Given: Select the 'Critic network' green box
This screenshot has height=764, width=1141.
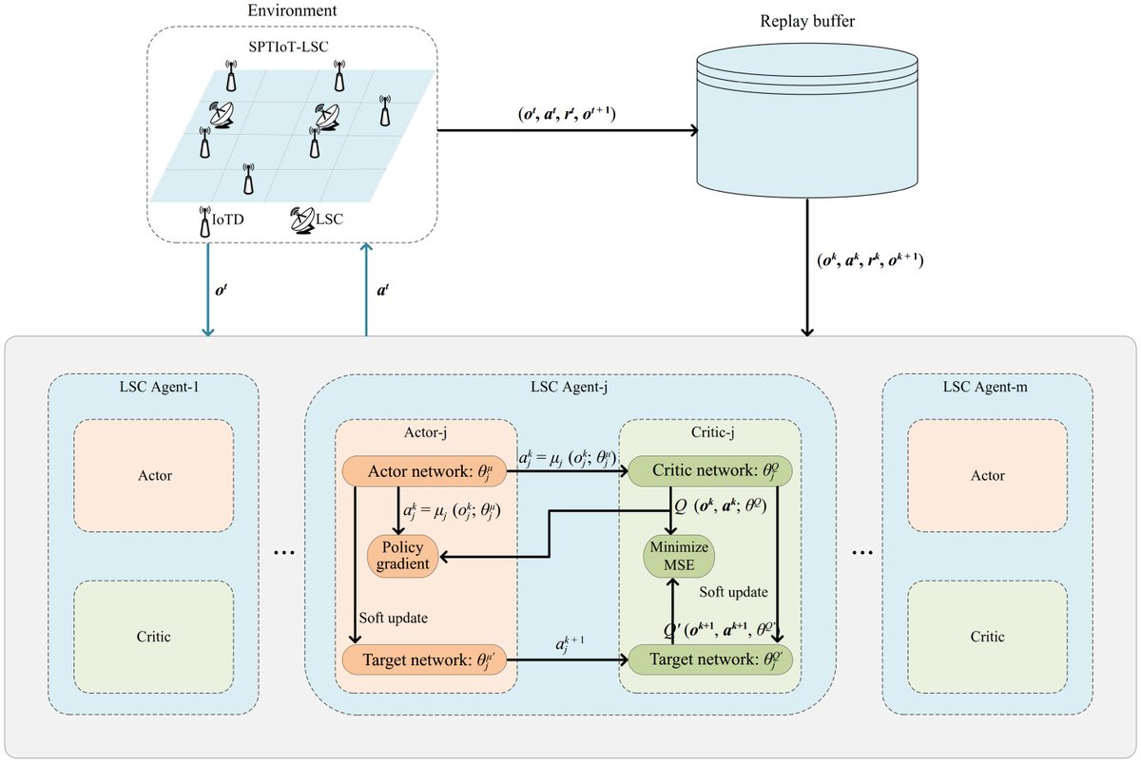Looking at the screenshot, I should point(709,470).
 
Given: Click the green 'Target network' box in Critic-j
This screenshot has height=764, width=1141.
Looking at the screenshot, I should point(709,659).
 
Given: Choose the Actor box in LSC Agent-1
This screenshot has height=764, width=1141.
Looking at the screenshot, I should point(153,476).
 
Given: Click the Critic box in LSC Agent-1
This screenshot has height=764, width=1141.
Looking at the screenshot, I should point(153,637).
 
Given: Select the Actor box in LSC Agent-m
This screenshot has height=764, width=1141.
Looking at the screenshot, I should point(988,476).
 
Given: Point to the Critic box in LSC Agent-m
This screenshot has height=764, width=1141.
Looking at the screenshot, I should point(988,637).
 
